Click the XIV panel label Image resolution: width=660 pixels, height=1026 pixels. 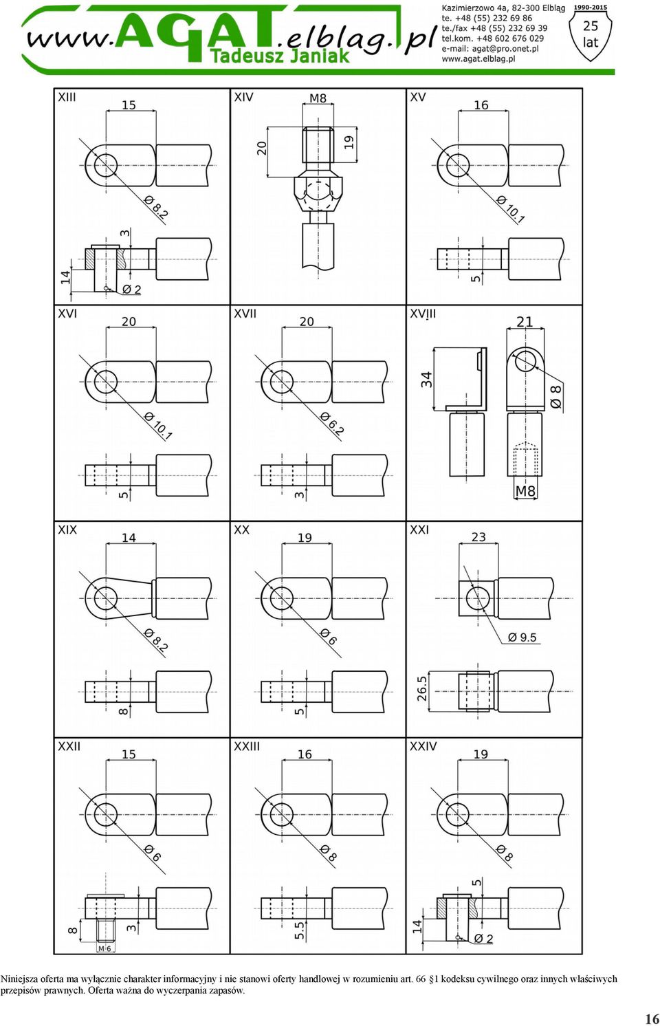[x=243, y=97]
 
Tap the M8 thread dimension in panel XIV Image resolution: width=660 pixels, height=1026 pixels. [x=318, y=98]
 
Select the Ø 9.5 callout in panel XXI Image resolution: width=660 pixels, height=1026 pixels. [x=522, y=637]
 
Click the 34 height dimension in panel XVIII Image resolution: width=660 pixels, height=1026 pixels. [x=426, y=380]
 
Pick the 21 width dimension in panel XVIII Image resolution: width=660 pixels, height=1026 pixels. [x=525, y=322]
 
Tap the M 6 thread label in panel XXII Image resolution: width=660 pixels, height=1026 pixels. [x=104, y=948]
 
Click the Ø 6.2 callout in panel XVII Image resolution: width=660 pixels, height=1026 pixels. [x=331, y=423]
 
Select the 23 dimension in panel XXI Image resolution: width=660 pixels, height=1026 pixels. [x=478, y=537]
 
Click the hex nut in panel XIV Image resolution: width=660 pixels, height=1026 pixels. [x=318, y=193]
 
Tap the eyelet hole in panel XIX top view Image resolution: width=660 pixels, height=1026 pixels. [x=106, y=598]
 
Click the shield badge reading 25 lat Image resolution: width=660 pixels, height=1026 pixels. [x=591, y=35]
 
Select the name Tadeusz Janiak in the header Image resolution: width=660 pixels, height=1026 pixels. [x=279, y=56]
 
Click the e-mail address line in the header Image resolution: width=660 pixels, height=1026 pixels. [x=489, y=49]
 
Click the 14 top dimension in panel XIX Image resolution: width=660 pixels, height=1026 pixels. [x=129, y=537]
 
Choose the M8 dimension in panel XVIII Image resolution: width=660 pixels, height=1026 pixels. [x=525, y=491]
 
